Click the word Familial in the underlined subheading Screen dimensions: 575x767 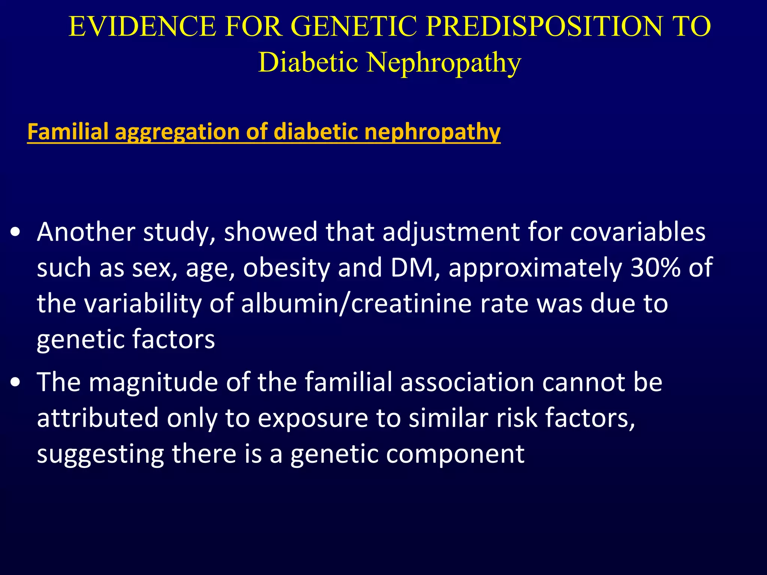click(x=68, y=132)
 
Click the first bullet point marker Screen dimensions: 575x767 click(x=15, y=233)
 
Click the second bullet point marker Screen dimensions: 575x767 click(x=15, y=383)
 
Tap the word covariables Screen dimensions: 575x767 click(x=638, y=232)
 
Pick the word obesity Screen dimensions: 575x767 click(x=287, y=268)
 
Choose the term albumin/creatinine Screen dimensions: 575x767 click(x=356, y=304)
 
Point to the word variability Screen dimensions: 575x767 click(x=143, y=304)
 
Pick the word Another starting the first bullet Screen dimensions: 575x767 click(x=86, y=232)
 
